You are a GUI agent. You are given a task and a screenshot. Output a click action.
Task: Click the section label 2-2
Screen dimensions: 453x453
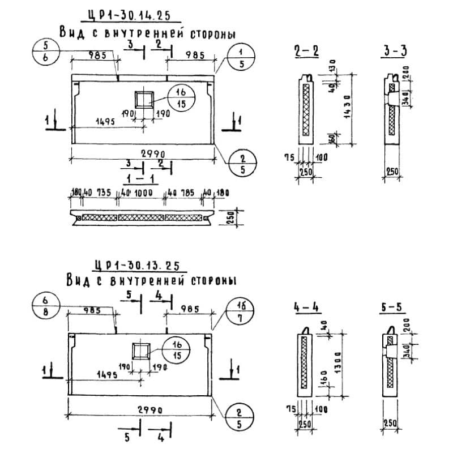click(x=306, y=50)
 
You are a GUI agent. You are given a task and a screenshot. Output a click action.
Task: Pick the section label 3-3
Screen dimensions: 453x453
click(x=394, y=50)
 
